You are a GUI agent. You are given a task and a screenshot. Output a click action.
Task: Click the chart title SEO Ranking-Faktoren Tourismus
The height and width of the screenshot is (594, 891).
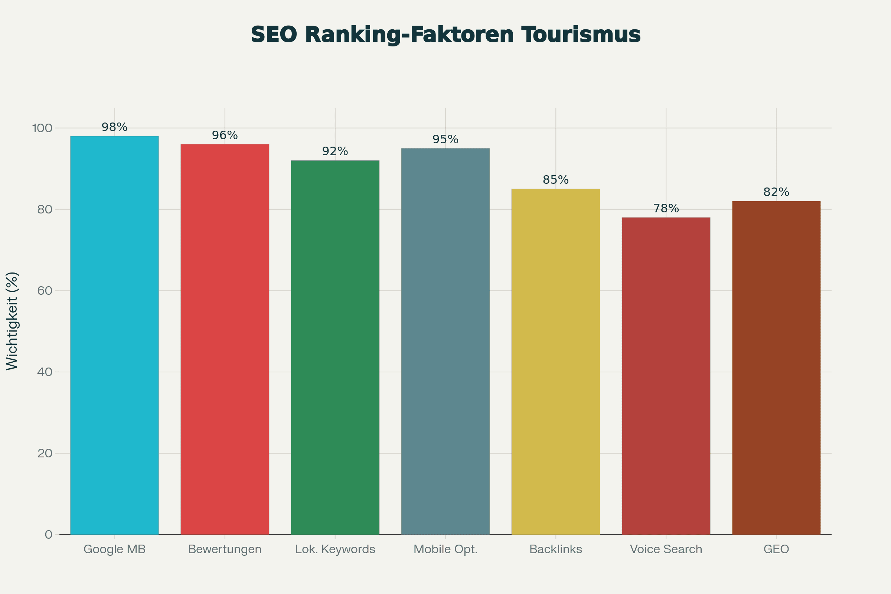coord(446,35)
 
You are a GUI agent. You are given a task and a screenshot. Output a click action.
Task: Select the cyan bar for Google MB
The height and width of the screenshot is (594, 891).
coord(114,335)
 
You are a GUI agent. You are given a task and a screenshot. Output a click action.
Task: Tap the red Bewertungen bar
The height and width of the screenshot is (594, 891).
coord(225,339)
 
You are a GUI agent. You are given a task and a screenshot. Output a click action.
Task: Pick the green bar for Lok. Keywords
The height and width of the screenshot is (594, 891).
coord(335,347)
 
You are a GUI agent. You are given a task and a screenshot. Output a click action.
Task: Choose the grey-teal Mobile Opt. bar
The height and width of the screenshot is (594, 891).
coord(445,341)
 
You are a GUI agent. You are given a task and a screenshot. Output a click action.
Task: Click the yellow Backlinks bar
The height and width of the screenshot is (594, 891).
coord(555,361)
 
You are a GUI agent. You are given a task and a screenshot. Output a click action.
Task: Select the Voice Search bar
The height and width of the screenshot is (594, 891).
coord(666,376)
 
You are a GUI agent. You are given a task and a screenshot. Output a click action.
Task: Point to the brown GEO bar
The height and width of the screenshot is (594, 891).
coord(776,368)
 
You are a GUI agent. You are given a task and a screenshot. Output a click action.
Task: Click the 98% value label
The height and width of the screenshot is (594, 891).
coord(114,127)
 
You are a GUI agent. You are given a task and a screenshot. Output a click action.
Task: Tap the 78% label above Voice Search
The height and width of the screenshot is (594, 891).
coord(666,208)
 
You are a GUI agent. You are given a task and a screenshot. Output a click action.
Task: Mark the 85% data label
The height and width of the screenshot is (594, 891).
coord(555,180)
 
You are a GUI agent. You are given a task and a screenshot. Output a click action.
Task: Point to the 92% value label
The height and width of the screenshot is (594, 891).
coord(335,151)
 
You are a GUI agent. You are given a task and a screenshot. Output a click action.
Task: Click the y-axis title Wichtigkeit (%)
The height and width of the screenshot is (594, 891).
coord(12,321)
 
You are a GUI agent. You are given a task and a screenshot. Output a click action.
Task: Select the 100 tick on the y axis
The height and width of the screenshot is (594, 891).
coord(42,128)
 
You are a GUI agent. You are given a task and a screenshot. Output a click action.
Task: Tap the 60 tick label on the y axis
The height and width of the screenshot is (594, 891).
coord(45,291)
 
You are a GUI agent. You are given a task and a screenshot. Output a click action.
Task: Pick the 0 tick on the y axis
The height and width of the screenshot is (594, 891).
coord(49,535)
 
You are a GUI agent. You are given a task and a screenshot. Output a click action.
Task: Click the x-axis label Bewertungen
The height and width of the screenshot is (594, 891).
coord(225,549)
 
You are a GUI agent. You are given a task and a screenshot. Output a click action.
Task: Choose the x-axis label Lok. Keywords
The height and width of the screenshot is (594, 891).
coord(335,549)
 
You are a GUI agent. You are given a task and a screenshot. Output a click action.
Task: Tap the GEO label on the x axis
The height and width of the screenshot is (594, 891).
coord(776,549)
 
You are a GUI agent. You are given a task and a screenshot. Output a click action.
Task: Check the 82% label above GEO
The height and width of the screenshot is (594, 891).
coord(776,192)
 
